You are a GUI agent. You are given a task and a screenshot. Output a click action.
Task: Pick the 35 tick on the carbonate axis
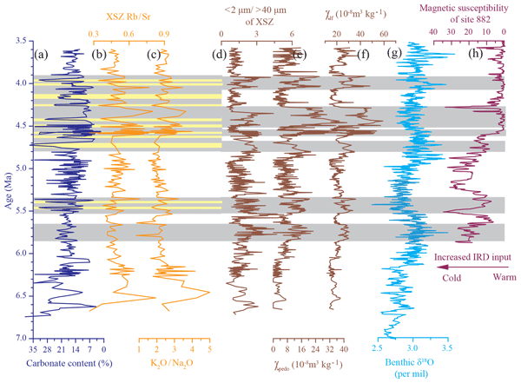31,348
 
